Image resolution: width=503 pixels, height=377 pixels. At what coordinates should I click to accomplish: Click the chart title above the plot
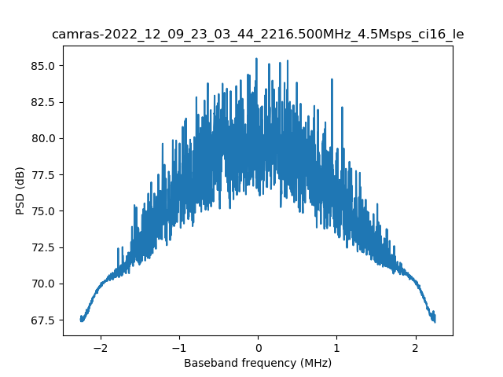(258, 35)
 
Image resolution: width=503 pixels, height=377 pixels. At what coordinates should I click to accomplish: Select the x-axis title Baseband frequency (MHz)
(258, 363)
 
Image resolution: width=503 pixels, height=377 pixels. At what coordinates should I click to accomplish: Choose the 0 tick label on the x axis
(258, 347)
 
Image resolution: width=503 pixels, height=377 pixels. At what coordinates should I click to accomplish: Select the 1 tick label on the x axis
(336, 347)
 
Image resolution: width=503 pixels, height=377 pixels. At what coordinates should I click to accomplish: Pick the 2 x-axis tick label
(416, 347)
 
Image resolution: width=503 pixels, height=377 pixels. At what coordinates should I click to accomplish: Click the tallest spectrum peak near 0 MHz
(256, 59)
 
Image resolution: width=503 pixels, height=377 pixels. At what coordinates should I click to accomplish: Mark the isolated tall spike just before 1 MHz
(332, 79)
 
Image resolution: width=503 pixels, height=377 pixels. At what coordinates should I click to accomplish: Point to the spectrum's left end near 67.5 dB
(81, 320)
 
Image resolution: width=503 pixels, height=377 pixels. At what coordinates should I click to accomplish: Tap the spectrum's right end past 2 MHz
(434, 320)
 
